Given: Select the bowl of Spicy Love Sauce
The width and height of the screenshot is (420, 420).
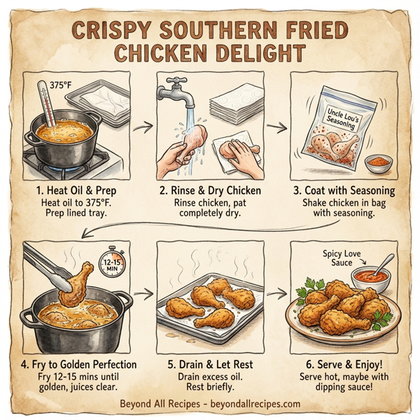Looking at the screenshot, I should point(367,276).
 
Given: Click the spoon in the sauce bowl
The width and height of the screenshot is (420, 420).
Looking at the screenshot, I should point(384,265).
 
